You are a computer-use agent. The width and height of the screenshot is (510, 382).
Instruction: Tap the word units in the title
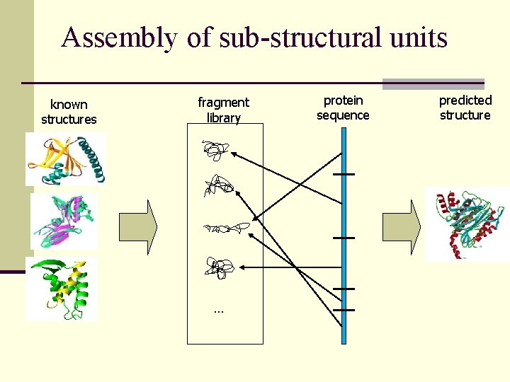click(x=418, y=37)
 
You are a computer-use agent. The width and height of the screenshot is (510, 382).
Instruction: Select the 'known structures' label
click(x=69, y=112)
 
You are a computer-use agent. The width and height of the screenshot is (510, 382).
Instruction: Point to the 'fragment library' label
click(x=223, y=110)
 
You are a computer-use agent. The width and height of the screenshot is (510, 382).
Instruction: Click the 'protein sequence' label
click(x=343, y=108)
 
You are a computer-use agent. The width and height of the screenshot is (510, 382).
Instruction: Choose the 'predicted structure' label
click(x=465, y=108)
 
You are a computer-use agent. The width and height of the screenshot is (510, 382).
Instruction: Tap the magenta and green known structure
click(x=64, y=221)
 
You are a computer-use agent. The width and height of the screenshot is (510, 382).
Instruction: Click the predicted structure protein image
click(x=465, y=222)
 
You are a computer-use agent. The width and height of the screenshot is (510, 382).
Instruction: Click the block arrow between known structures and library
click(x=138, y=227)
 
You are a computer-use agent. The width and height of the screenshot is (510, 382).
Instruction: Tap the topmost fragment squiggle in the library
click(x=215, y=151)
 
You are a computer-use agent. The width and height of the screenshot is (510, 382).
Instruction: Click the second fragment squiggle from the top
click(x=217, y=187)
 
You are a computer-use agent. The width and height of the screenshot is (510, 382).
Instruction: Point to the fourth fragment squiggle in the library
click(x=219, y=267)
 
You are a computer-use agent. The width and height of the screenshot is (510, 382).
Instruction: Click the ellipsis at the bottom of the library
click(x=217, y=311)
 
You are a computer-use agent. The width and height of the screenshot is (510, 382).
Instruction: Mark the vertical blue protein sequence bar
click(x=344, y=241)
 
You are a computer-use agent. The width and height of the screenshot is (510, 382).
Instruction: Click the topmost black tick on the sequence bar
click(x=344, y=174)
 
